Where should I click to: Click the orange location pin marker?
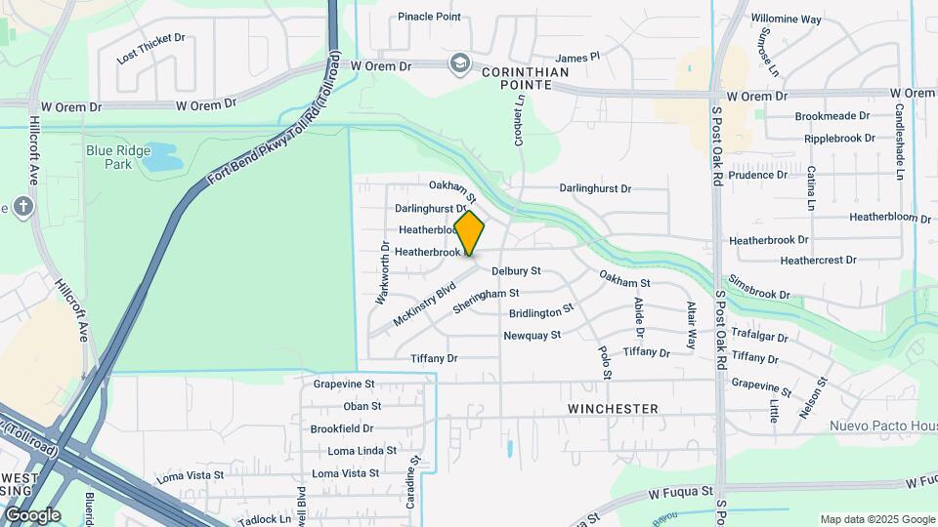(x=470, y=232)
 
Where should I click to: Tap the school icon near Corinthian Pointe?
(x=458, y=64)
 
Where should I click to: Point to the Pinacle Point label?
(x=429, y=17)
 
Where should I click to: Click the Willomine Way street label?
(x=786, y=19)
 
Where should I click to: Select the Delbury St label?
(x=516, y=270)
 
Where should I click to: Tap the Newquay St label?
(x=532, y=336)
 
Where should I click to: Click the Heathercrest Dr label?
(x=818, y=261)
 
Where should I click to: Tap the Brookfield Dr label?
(x=342, y=428)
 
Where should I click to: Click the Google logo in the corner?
(x=33, y=515)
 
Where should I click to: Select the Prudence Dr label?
(x=757, y=176)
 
